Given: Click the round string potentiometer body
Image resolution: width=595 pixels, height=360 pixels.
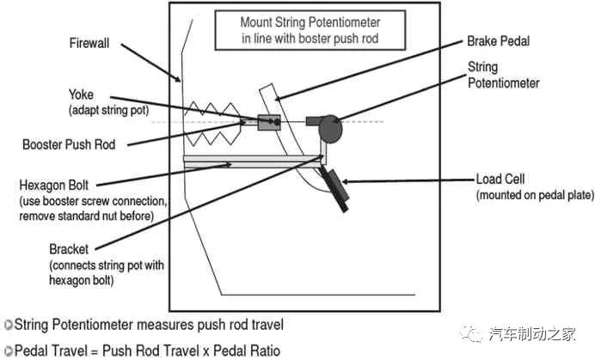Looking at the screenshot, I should [x=329, y=128].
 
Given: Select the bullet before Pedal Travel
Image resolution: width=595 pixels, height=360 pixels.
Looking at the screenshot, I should [x=8, y=350].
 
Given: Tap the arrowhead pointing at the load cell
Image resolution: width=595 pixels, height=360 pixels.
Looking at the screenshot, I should [x=347, y=180].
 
